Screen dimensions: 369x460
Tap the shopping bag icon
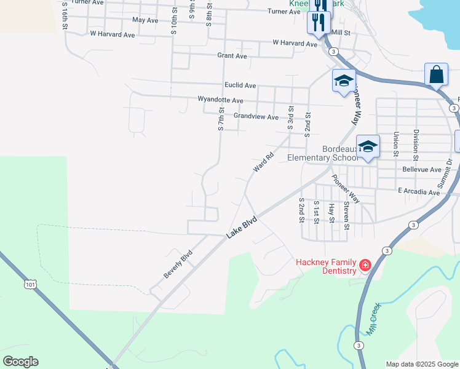(436, 75)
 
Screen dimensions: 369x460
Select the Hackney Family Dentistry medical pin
(365, 265)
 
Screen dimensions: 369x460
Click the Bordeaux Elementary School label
(322, 153)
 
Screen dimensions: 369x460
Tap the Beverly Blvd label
(178, 264)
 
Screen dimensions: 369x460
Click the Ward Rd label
(263, 163)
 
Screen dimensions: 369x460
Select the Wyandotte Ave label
(220, 100)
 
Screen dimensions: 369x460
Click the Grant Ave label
(232, 56)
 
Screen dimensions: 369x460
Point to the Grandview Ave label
(256, 116)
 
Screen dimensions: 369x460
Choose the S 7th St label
(220, 117)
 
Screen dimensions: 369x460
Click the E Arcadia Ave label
(419, 192)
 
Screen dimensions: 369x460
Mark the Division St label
(416, 141)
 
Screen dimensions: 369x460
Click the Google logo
(20, 362)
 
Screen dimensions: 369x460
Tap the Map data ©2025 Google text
(421, 364)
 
